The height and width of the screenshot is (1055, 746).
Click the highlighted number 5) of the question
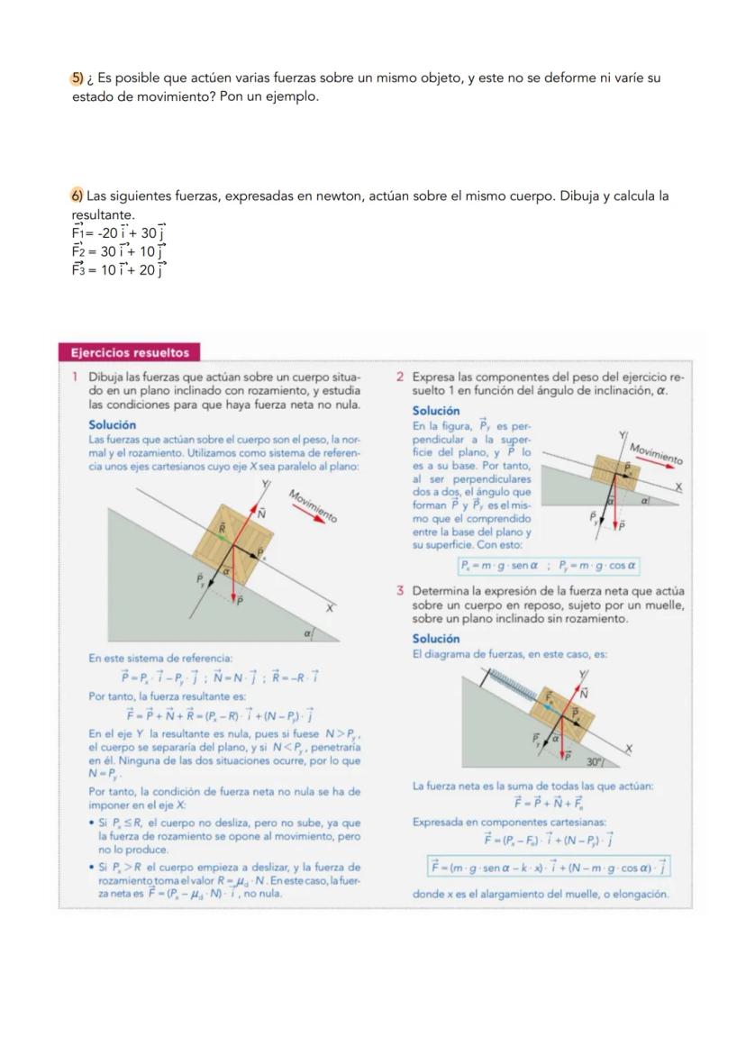coord(77,78)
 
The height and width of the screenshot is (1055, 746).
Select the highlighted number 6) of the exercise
coord(77,196)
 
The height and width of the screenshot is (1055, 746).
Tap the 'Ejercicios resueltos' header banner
coord(130,352)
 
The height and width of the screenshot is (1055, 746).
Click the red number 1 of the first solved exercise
coord(75,377)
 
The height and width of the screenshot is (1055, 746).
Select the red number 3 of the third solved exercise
coord(398,592)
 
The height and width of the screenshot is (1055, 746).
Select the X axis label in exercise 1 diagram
coord(330,608)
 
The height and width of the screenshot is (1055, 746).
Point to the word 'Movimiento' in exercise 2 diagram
coord(656,453)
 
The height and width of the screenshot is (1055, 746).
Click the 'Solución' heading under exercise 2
coord(435,411)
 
